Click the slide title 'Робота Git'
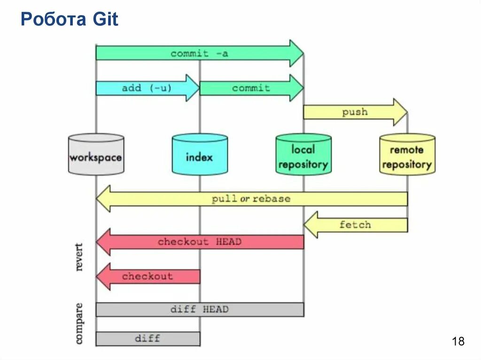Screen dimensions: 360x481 tap(70, 19)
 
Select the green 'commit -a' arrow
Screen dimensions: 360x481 tap(199, 53)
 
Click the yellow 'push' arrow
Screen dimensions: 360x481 tap(355, 112)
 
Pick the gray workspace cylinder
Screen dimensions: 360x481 tap(96, 154)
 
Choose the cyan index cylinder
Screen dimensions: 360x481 tap(200, 154)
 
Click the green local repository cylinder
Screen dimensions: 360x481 tap(303, 154)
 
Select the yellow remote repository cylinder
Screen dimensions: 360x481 tap(407, 154)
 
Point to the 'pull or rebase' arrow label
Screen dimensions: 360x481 tap(251, 199)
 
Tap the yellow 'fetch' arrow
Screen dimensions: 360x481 tap(355, 225)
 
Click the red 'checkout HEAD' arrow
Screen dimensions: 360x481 tap(199, 242)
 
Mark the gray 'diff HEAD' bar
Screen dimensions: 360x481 tap(199, 309)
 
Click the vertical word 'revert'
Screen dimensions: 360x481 tap(78, 257)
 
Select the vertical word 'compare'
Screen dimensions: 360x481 tap(78, 324)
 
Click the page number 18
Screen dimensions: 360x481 tap(458, 341)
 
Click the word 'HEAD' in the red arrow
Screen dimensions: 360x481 tap(228, 242)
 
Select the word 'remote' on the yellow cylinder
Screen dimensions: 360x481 tap(407, 150)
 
